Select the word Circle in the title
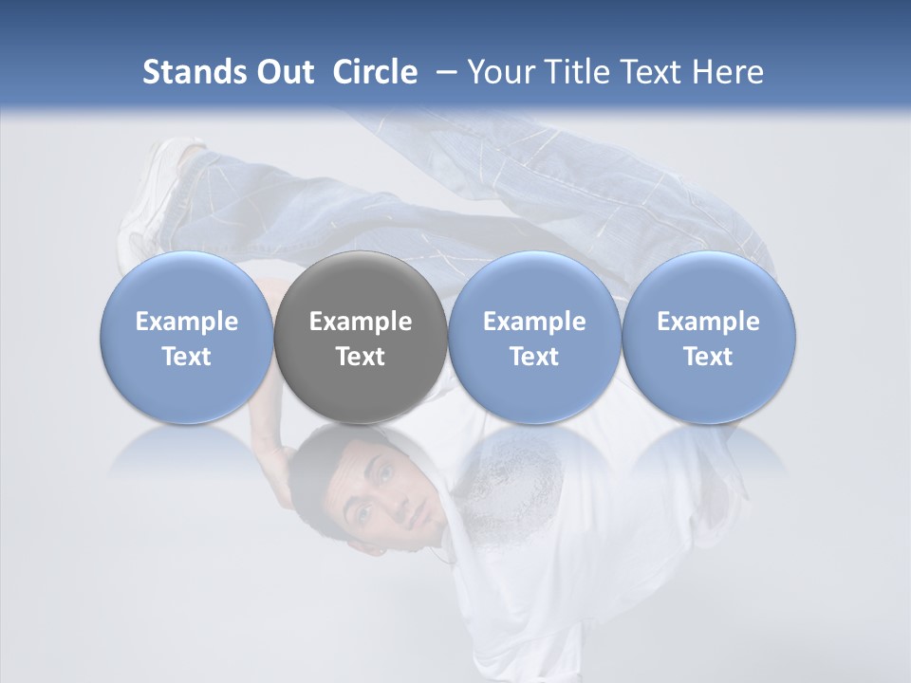coord(375,72)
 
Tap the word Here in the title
coord(728,72)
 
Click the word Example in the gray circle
coord(361,322)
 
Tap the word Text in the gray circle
coord(361,357)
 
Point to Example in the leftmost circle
coord(187,322)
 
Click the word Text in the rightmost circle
coord(709,357)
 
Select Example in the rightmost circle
coord(709,322)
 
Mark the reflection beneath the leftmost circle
coord(187,451)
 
